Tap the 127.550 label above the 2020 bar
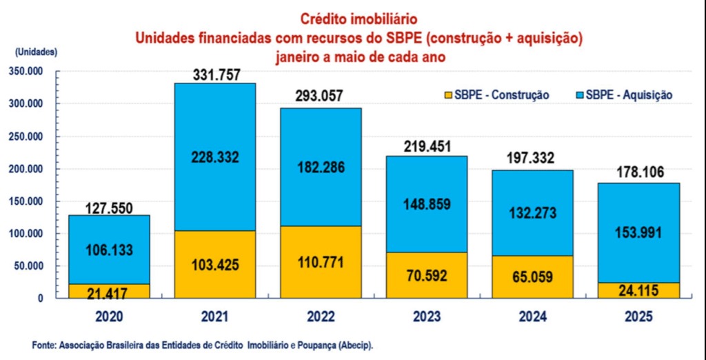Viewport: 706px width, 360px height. pos(108,208)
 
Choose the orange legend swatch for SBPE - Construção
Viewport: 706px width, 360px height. pos(449,94)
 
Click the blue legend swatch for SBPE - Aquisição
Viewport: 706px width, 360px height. pos(577,94)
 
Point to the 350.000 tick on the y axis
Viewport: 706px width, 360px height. pos(26,71)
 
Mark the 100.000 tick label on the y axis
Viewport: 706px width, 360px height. pos(26,234)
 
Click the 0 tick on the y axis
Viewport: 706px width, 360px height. pos(40,298)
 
